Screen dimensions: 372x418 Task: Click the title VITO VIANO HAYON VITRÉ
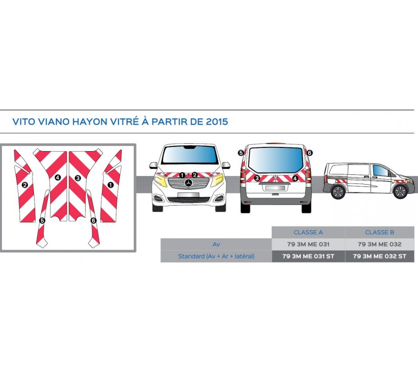[120, 122]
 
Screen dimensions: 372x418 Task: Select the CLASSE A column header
[308, 232]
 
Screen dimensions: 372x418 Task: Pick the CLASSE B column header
[379, 232]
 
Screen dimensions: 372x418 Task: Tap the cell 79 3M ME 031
[308, 244]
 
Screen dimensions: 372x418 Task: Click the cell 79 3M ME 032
[379, 244]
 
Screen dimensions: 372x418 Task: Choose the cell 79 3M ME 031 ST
[308, 256]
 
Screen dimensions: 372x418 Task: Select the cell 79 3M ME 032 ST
[379, 256]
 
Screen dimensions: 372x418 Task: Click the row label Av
[216, 244]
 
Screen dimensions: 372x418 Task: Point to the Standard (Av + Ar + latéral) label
[216, 256]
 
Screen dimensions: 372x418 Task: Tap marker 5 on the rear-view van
[241, 153]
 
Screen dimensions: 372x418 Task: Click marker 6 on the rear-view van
[310, 153]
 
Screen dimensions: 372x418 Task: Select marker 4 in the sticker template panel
[58, 177]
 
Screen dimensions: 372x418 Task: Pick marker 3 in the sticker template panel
[78, 178]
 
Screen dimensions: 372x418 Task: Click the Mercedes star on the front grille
[189, 184]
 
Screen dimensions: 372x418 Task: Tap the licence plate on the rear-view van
[275, 188]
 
